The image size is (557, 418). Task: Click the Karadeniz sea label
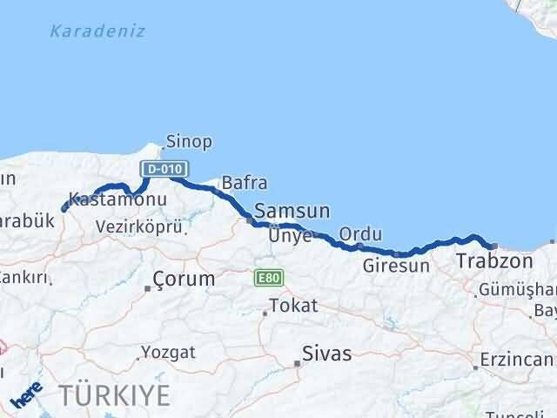97,31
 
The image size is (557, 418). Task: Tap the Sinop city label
189,141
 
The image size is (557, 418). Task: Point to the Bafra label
245,183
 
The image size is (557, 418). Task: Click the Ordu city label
360,233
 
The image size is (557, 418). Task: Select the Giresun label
396,266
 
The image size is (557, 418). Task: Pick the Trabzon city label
494,260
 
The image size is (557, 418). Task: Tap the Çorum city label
183,280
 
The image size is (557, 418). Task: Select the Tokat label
293,306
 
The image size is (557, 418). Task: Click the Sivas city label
327,354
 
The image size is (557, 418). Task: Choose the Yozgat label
170,353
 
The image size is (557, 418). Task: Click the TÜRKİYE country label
115,394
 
